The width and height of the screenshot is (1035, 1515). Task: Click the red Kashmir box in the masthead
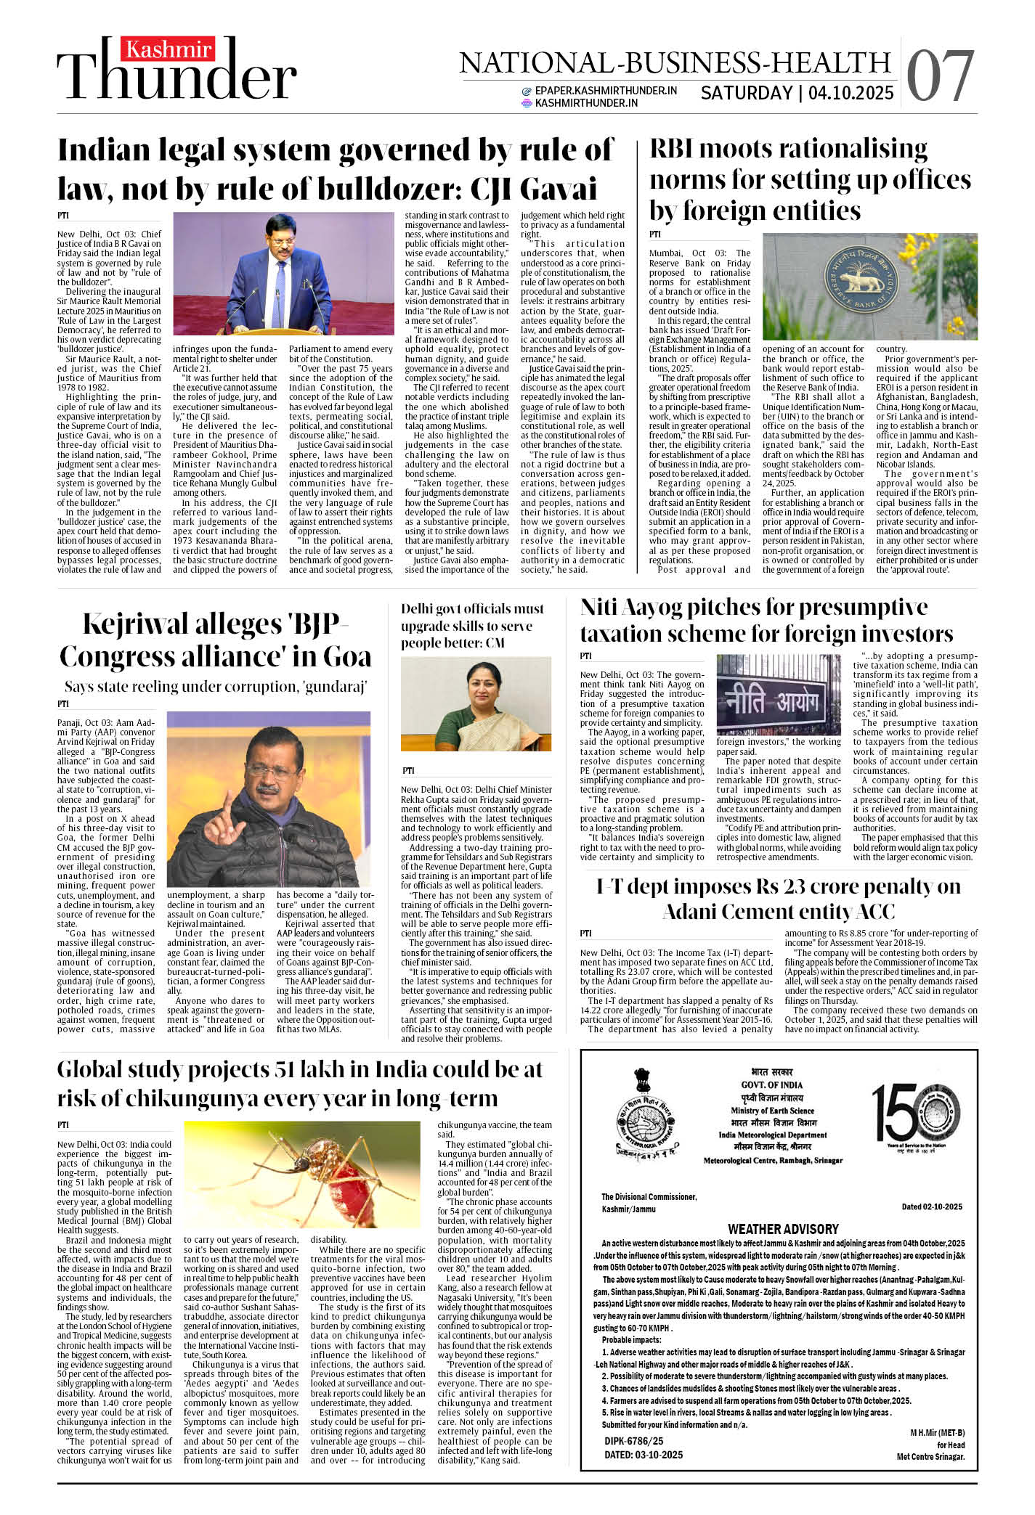[x=168, y=50]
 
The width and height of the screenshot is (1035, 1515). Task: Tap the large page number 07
[x=941, y=76]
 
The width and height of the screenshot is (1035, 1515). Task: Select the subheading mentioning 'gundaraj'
[x=216, y=686]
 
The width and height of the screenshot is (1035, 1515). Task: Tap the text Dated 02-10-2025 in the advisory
[x=931, y=1206]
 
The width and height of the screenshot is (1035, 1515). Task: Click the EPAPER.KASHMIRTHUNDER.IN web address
[x=605, y=91]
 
